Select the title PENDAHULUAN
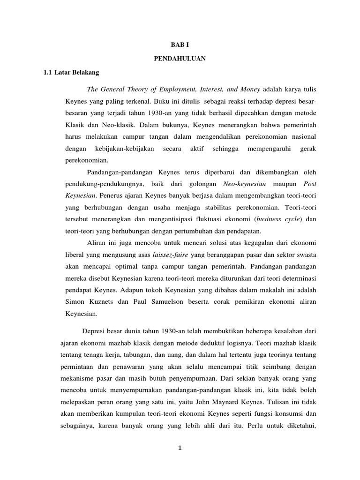[180, 60]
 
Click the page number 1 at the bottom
[180, 448]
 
